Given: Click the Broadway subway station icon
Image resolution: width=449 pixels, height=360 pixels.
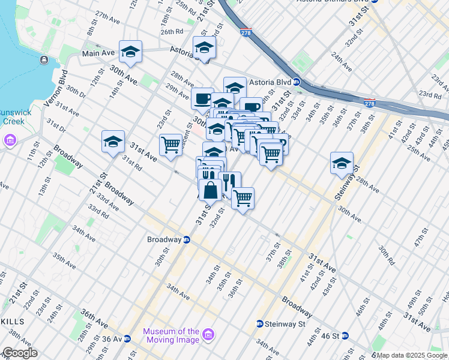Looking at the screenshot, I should [x=186, y=239].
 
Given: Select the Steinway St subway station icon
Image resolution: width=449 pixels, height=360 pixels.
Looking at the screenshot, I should [x=259, y=323].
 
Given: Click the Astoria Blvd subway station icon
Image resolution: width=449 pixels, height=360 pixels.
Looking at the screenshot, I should [x=297, y=82].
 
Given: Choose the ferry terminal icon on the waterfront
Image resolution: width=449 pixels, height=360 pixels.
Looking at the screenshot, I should [x=44, y=60].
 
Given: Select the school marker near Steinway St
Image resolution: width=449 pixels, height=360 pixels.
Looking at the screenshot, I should [x=342, y=163].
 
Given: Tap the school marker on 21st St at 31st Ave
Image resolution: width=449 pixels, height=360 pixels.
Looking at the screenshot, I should [x=113, y=142].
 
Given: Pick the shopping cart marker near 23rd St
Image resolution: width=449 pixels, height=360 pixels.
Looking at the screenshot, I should [x=171, y=144].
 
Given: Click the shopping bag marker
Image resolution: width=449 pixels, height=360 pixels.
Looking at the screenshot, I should [x=211, y=191].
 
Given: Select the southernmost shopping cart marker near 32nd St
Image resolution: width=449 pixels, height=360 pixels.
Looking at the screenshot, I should [x=243, y=198].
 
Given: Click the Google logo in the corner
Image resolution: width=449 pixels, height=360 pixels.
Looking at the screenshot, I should [x=20, y=353].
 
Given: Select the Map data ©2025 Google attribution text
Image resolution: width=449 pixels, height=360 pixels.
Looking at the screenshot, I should [x=412, y=355].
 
